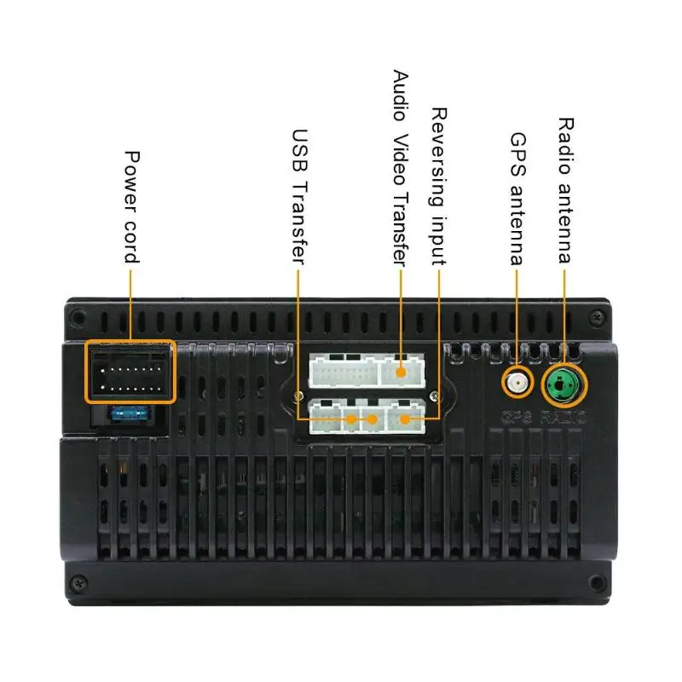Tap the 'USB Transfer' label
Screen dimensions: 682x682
pos(299,194)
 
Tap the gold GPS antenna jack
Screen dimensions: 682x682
pos(516,383)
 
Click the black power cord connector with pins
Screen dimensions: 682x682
pos(130,371)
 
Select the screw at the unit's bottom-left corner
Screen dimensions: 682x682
pos(78,583)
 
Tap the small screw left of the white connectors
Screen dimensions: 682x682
pos(297,395)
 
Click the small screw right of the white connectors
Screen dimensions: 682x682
pos(435,395)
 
